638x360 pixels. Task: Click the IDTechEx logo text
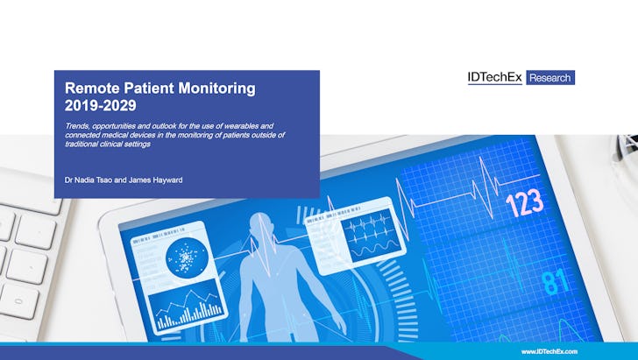click(x=495, y=77)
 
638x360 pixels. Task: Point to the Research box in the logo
click(x=550, y=78)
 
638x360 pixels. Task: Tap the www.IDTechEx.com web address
click(x=549, y=351)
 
